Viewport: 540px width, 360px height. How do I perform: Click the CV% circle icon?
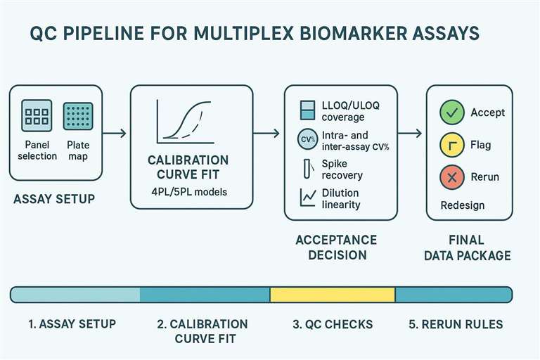307,139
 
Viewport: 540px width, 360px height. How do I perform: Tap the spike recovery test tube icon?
307,169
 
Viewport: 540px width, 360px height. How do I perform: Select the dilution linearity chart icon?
307,198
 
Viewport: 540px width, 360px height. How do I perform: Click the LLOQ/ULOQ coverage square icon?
307,110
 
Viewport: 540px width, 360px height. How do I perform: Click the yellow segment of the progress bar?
333,294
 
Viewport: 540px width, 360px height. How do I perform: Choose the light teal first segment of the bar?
75,294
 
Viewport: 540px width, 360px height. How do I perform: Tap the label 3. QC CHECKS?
333,325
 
